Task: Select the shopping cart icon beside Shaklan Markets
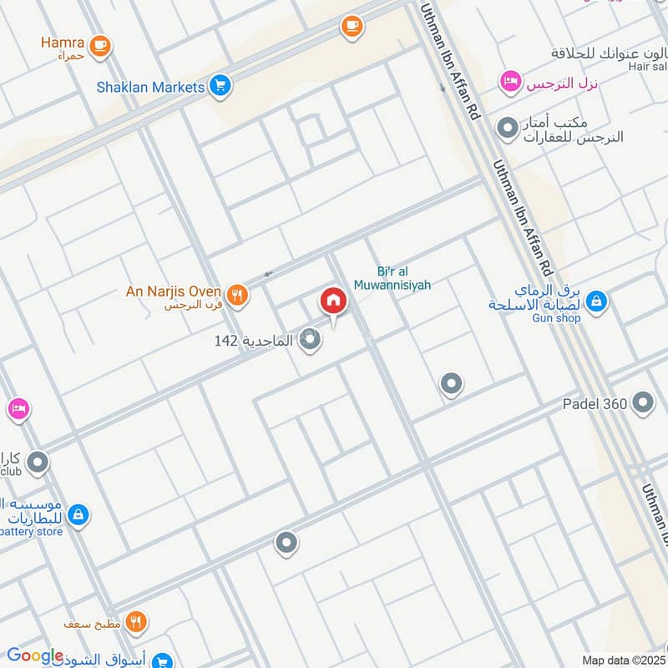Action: (220, 85)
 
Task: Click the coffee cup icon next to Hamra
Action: (100, 43)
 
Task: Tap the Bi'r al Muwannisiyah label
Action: (403, 278)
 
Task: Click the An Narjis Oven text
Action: (173, 291)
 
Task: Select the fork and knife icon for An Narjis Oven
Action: (238, 294)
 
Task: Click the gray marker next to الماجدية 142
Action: (311, 340)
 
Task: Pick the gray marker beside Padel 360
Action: (643, 404)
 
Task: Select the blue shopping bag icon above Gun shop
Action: (596, 301)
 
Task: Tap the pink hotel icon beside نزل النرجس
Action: (508, 82)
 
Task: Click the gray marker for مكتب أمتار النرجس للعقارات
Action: (507, 129)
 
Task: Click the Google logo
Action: (35, 656)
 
